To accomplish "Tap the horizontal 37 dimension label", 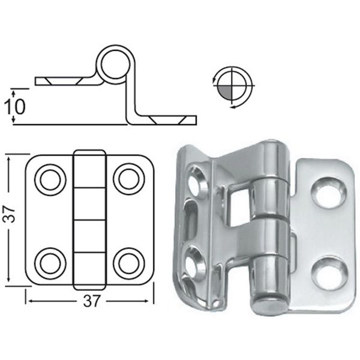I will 91,301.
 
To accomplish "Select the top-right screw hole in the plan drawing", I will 129,179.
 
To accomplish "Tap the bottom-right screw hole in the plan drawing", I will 129,263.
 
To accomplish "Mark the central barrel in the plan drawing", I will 89,220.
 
